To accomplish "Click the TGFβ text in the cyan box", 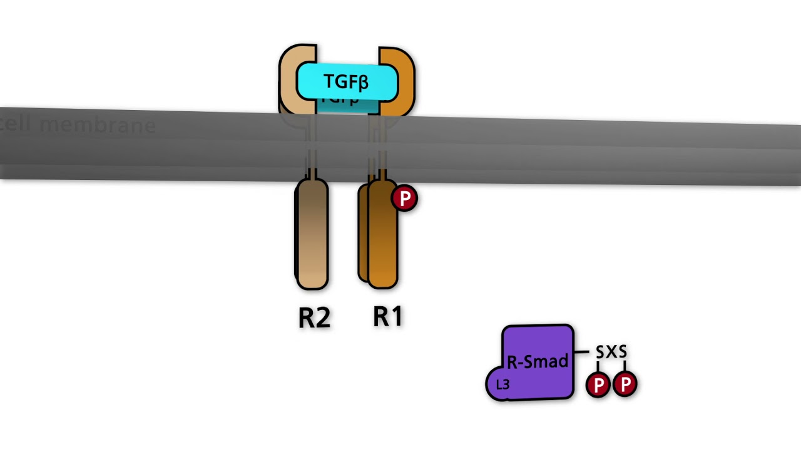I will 346,82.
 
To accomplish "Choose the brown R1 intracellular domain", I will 382,237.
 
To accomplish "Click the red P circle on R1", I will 404,199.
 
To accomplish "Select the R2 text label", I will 314,317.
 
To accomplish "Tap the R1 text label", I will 388,317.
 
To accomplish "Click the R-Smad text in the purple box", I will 537,362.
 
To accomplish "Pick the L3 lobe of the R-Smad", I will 503,385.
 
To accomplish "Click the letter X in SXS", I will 611,352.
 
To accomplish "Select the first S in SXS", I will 600,352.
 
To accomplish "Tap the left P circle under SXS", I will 598,385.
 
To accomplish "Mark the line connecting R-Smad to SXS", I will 582,352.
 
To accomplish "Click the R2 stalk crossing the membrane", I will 311,147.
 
